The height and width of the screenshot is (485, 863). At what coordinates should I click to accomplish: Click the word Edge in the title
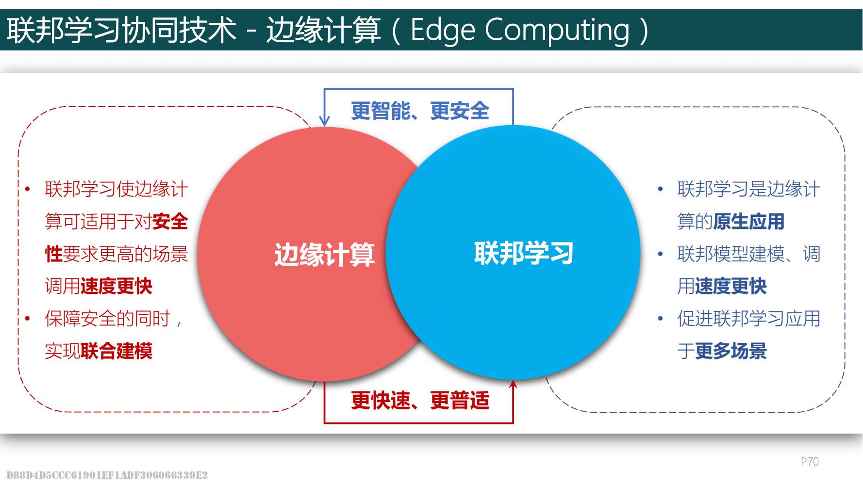tap(443, 31)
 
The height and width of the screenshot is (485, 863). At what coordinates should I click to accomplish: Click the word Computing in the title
tap(557, 31)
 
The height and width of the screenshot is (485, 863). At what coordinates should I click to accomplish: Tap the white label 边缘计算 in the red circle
tap(324, 255)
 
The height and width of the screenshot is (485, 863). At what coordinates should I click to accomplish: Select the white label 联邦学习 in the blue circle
tap(524, 253)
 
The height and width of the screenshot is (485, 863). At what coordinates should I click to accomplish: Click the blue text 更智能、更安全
tap(420, 111)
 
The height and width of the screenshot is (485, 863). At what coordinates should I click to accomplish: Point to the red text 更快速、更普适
tap(420, 401)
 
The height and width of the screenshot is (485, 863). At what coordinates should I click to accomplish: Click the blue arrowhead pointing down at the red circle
tap(324, 121)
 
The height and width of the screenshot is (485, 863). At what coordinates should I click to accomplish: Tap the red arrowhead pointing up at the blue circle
tap(513, 385)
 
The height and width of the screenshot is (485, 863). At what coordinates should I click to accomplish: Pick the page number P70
tap(810, 462)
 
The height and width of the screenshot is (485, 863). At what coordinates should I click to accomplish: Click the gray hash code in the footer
tap(107, 475)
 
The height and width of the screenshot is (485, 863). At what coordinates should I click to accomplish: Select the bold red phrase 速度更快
tap(116, 286)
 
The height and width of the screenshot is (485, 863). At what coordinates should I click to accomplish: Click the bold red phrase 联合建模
tap(116, 351)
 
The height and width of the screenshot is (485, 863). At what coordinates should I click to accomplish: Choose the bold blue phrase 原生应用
tap(749, 222)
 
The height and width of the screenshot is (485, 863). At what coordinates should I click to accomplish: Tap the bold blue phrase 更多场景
tap(731, 351)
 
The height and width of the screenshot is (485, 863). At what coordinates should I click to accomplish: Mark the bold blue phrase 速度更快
tap(731, 286)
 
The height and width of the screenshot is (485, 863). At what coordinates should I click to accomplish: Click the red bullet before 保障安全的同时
tap(28, 319)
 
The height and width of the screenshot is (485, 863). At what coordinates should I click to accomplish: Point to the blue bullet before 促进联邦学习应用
tap(660, 319)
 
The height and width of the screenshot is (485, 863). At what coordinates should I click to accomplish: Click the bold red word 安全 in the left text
tap(170, 222)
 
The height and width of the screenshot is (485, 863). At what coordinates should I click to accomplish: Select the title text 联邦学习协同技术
tap(122, 31)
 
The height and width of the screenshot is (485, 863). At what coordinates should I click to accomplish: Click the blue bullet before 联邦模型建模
tap(660, 254)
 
